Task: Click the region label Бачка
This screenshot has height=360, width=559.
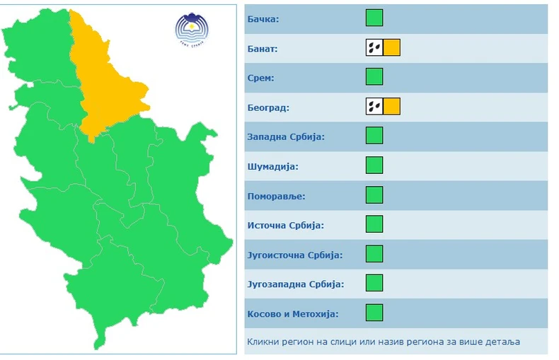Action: [x=263, y=18]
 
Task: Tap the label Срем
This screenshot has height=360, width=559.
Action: [x=261, y=78]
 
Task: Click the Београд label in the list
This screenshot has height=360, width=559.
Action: [x=269, y=108]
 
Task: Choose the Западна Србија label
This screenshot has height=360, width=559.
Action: [x=286, y=137]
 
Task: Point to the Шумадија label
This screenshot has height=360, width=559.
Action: [x=273, y=166]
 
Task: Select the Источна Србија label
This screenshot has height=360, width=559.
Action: [x=285, y=225]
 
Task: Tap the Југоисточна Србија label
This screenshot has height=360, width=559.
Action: [x=294, y=255]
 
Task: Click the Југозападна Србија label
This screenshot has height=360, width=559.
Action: [x=296, y=284]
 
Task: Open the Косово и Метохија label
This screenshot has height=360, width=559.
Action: [x=293, y=313]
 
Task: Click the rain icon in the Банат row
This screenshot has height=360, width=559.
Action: [x=374, y=47]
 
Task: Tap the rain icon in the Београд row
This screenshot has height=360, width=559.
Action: [x=374, y=107]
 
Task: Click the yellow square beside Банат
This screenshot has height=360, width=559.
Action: [x=392, y=47]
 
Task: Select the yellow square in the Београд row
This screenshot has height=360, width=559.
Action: [x=392, y=107]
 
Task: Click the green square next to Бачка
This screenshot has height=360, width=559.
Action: [x=374, y=18]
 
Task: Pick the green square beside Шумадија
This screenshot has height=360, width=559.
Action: [x=374, y=166]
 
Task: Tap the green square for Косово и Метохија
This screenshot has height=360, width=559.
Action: [x=374, y=313]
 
